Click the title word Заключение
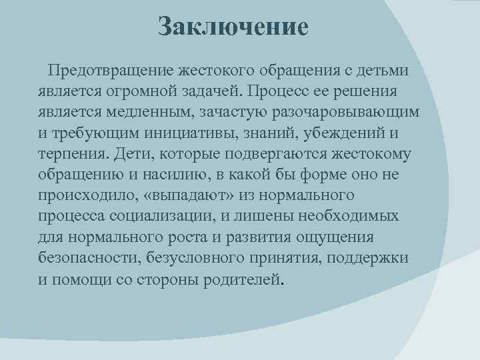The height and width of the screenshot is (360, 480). (234, 27)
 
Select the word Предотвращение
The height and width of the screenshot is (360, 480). (117, 70)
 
